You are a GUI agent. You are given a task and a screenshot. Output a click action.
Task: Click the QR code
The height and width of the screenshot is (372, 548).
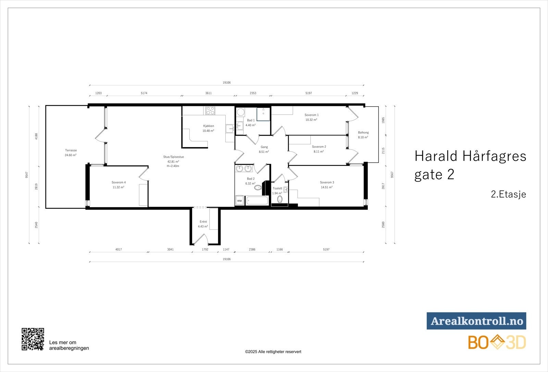[33, 339]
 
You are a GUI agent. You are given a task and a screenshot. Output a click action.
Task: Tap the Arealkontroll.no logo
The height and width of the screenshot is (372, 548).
[476, 321]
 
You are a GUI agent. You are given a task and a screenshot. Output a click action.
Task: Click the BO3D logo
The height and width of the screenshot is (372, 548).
[497, 343]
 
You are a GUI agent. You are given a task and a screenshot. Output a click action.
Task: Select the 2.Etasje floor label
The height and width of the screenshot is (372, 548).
[508, 194]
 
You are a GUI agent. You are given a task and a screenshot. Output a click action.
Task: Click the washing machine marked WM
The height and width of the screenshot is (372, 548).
[240, 201]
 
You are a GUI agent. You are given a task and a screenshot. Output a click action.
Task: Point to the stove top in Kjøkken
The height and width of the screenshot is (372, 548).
[210, 111]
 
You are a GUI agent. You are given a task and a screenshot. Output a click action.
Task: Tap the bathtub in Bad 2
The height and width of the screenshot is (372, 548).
[257, 201]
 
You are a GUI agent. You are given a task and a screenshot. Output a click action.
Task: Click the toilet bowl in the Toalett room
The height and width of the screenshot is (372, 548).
[280, 200]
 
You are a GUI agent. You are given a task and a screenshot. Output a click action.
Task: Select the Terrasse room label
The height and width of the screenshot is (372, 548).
[71, 150]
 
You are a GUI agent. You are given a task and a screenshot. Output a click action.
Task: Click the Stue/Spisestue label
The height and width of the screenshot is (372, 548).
[173, 157]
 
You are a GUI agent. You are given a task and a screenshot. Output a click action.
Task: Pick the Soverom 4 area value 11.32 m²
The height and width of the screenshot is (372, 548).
[118, 187]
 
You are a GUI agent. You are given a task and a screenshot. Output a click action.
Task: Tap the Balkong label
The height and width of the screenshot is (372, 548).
[363, 132]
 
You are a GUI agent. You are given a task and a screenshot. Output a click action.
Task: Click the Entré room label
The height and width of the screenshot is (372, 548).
[203, 222]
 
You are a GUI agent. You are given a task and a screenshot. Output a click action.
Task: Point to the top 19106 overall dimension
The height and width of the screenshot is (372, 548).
[226, 83]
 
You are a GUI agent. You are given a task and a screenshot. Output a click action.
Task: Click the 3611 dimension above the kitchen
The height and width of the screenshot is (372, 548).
[208, 93]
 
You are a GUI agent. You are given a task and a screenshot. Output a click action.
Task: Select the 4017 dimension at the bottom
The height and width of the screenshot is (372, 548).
[119, 250]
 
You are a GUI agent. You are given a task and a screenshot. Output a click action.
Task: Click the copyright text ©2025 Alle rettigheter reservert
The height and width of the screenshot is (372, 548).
[273, 352]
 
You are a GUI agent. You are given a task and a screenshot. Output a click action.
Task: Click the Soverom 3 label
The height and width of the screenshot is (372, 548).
[327, 182]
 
